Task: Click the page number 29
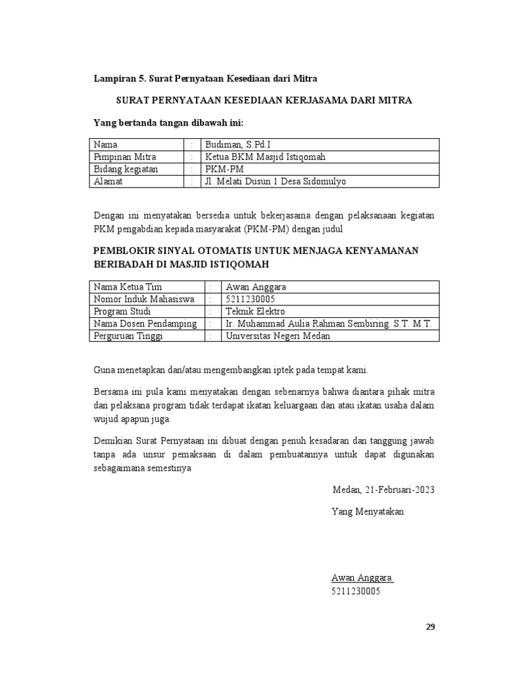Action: pos(430,626)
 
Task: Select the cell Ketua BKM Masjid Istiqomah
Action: pos(265,157)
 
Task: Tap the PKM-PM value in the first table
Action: pos(224,169)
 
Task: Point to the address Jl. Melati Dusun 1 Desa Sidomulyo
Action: pos(276,182)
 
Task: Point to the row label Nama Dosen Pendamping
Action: pos(145,324)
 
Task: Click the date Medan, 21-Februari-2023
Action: pos(383,490)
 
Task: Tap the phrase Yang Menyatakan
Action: pos(368,511)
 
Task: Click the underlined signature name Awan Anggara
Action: pos(362,578)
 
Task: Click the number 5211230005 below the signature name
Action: pos(356,591)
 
